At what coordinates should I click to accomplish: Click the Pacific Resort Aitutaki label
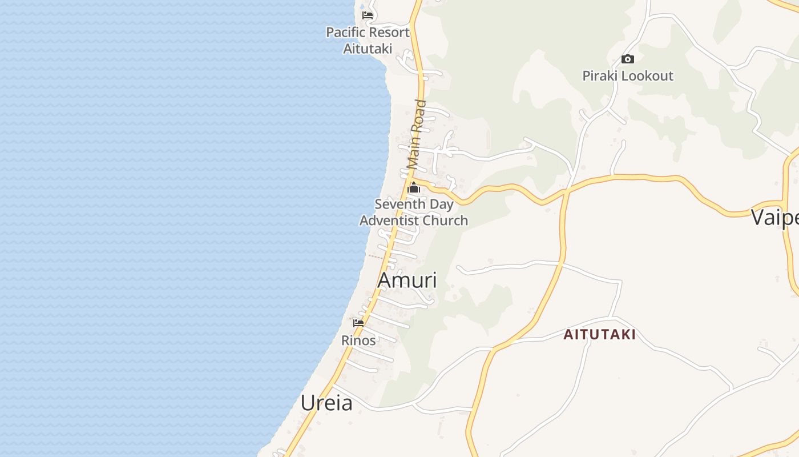[368, 40]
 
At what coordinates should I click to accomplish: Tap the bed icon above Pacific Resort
[368, 15]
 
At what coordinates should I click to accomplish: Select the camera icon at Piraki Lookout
[627, 59]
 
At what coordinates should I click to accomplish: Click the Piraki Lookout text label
[628, 75]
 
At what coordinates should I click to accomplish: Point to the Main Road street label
[417, 135]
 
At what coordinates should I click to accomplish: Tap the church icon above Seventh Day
[414, 188]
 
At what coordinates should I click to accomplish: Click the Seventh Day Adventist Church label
[414, 212]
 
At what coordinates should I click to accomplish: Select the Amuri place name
[407, 280]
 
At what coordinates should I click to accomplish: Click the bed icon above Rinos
[358, 323]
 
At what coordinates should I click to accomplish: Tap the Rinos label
[358, 340]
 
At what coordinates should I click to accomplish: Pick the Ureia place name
[326, 403]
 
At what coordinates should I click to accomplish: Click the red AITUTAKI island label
[599, 334]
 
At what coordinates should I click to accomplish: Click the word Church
[446, 221]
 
